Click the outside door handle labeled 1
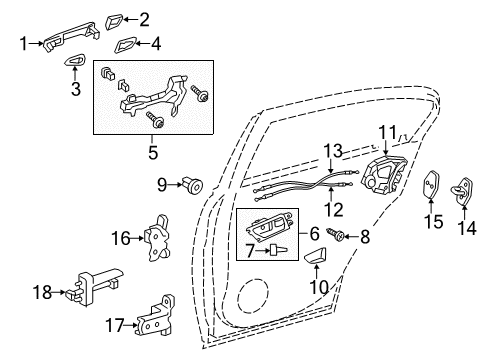pos(71,35)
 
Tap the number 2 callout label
pos(144,20)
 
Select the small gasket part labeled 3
pos(74,60)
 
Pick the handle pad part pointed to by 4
pos(125,45)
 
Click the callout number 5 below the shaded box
pos(153,153)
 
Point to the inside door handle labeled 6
pos(269,226)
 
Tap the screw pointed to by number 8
pos(335,233)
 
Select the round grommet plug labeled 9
pos(193,185)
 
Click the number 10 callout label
pos(319,287)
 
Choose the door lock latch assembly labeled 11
pos(384,176)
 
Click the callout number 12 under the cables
pos(334,209)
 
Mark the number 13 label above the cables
pos(333,151)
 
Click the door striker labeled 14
pos(462,191)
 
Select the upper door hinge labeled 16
pos(157,237)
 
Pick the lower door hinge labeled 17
pos(156,316)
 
